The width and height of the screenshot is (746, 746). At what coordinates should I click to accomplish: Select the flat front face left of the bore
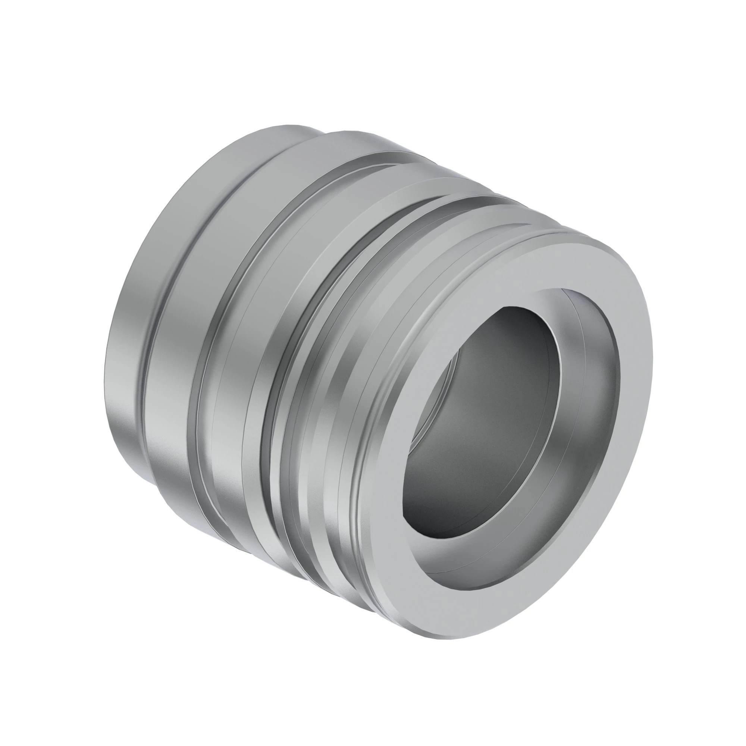pos(390,463)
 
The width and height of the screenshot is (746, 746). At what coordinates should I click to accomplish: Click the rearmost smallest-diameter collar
pos(128,348)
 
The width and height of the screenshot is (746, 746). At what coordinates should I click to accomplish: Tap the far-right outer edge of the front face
pos(652,348)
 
